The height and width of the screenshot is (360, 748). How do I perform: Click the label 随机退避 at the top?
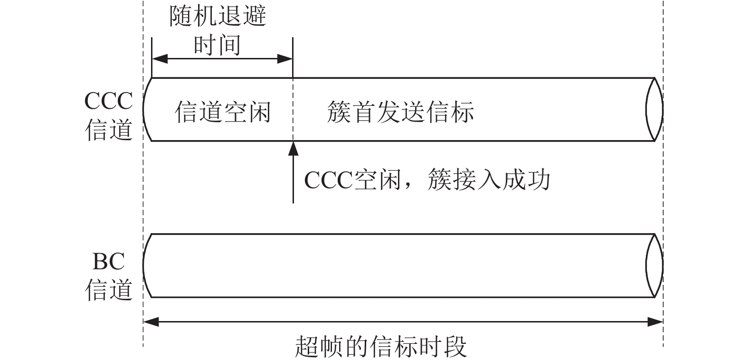coord(218,16)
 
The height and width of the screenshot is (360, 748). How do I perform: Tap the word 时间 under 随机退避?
coord(218,46)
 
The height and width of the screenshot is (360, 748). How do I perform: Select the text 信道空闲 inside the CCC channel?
coord(223,112)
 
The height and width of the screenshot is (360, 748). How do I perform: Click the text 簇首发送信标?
coord(400,112)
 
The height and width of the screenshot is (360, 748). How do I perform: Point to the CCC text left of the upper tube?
coord(109,101)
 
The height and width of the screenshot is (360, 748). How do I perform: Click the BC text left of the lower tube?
coord(109,261)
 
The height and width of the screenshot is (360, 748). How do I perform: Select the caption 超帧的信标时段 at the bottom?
coord(381,347)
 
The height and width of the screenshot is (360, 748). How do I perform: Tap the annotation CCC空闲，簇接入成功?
coord(427,180)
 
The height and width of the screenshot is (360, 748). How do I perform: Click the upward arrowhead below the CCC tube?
coord(293,149)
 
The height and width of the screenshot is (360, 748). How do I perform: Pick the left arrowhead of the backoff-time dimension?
coord(160,59)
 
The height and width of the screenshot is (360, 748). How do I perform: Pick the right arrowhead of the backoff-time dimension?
coord(285,59)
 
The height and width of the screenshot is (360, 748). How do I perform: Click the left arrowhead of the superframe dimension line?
coord(151,322)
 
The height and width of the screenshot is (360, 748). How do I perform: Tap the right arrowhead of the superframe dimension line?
coord(655,322)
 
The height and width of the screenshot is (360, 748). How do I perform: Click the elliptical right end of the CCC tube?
coord(663,110)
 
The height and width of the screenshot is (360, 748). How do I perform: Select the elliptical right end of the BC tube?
coord(663,265)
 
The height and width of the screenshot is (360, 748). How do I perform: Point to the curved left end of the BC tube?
coord(143,265)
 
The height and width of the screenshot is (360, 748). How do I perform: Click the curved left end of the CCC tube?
coord(143,110)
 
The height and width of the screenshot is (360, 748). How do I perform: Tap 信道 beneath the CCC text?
coord(109,130)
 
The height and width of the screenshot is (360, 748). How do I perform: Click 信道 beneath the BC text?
coord(109,290)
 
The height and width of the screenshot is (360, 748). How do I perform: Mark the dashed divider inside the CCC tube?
coord(293,110)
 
